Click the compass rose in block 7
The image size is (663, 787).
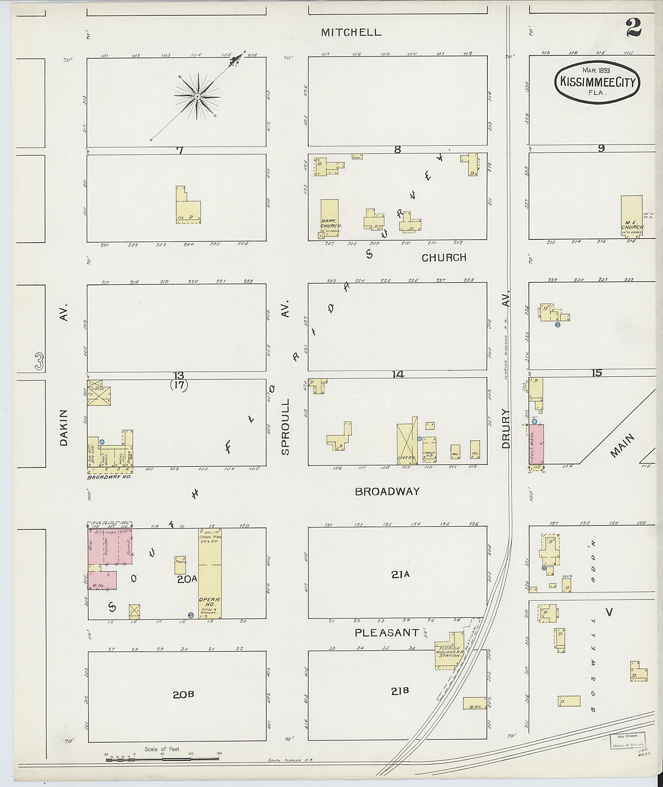[197, 97]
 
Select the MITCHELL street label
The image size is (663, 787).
[351, 33]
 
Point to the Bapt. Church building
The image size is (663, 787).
[329, 218]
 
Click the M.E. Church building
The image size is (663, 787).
[631, 215]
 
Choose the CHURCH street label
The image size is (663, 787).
[444, 258]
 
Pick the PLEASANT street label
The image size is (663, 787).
[387, 633]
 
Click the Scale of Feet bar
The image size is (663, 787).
[163, 758]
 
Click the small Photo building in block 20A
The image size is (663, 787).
[180, 565]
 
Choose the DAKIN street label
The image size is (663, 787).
[64, 428]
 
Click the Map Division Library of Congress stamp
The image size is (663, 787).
[627, 740]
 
